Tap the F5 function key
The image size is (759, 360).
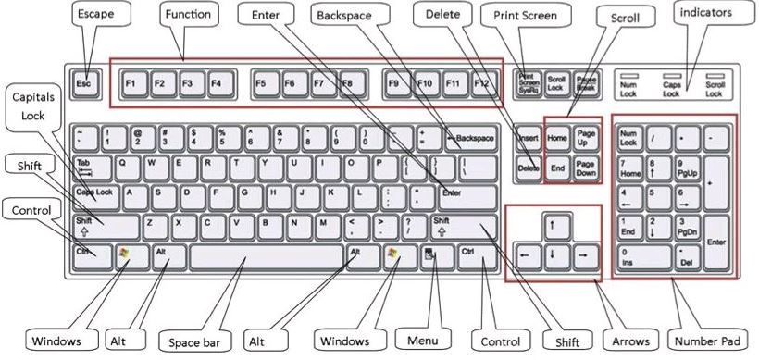[x=261, y=83]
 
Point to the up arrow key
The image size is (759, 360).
[x=553, y=224]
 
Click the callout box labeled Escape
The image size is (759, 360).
[x=95, y=16]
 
